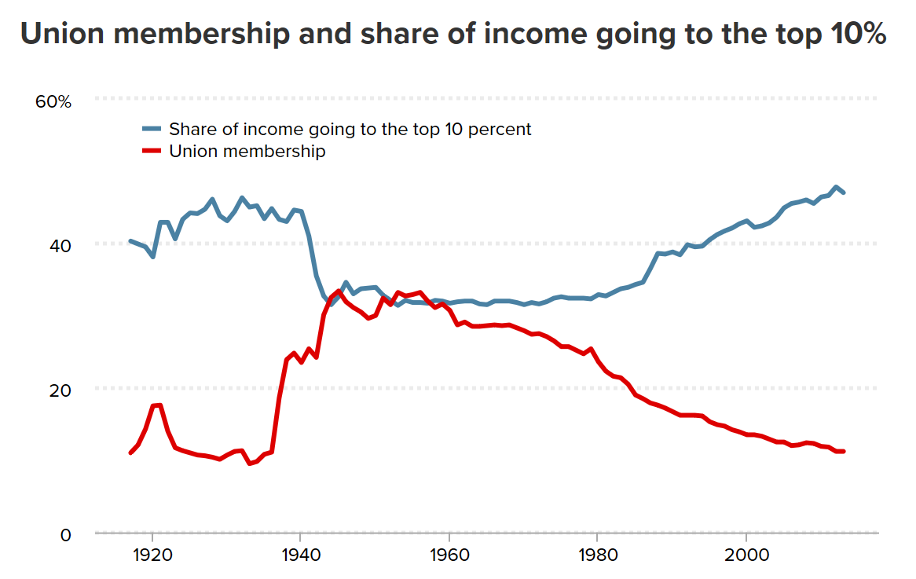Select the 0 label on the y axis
65,535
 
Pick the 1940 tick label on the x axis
300,556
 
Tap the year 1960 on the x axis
449,556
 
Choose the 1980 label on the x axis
597,556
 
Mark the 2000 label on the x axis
746,556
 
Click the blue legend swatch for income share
152,129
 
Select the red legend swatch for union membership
152,151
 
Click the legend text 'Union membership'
247,151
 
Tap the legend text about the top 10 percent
350,129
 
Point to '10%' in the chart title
858,35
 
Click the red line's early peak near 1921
159,405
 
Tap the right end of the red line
843,451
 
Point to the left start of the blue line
130,241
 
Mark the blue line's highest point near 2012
835,187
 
